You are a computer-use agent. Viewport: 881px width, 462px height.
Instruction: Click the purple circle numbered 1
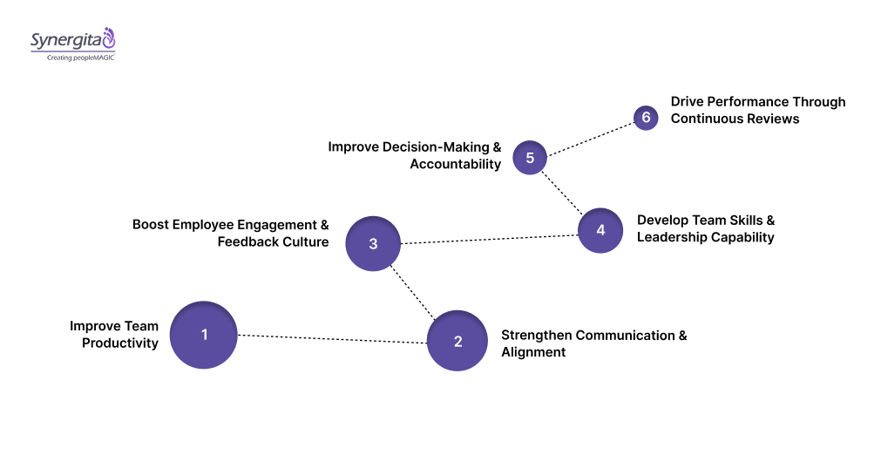(x=204, y=335)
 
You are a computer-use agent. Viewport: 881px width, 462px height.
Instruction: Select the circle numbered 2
(x=457, y=341)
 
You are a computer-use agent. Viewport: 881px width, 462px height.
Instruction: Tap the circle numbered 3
(x=373, y=243)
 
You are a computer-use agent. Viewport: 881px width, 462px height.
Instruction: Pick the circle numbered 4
(x=600, y=230)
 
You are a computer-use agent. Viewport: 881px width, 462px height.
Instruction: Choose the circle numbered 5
(x=530, y=158)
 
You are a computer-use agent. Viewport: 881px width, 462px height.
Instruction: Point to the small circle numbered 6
(x=646, y=118)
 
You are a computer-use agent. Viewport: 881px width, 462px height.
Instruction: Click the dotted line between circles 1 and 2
(x=331, y=338)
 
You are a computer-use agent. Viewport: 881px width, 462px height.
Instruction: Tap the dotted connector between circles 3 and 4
(x=488, y=237)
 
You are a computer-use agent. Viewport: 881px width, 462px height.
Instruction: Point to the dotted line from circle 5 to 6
(x=591, y=137)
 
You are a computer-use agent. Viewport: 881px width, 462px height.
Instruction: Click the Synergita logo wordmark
(x=66, y=39)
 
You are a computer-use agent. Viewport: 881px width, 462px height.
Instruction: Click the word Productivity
(x=120, y=343)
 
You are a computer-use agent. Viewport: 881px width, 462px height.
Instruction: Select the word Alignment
(x=533, y=352)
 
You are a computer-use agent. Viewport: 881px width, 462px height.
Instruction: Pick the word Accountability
(x=456, y=164)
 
